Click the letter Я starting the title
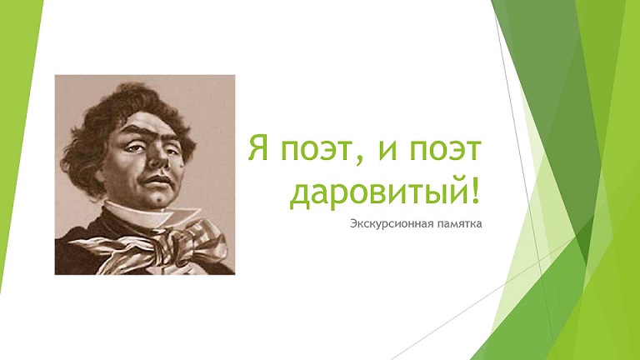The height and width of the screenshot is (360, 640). tap(258, 148)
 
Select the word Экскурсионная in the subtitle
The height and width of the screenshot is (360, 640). tap(390, 224)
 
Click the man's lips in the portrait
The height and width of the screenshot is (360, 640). tap(156, 180)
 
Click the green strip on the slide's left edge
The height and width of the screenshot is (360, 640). tap(17, 122)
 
